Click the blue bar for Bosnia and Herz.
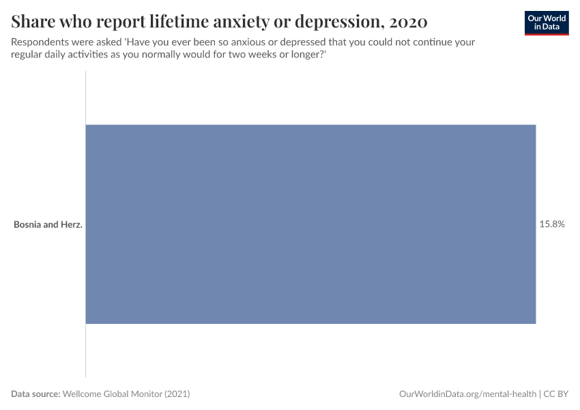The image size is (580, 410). tap(310, 224)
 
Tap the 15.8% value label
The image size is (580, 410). tap(552, 224)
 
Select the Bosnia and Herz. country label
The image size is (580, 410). tap(48, 224)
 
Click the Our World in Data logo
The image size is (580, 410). tap(547, 23)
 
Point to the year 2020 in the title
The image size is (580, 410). tap(409, 22)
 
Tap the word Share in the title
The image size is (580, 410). tap(32, 22)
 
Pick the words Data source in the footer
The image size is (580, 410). tap(35, 394)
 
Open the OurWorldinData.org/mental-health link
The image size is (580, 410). tap(467, 394)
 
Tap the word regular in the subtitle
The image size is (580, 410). tap(27, 55)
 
